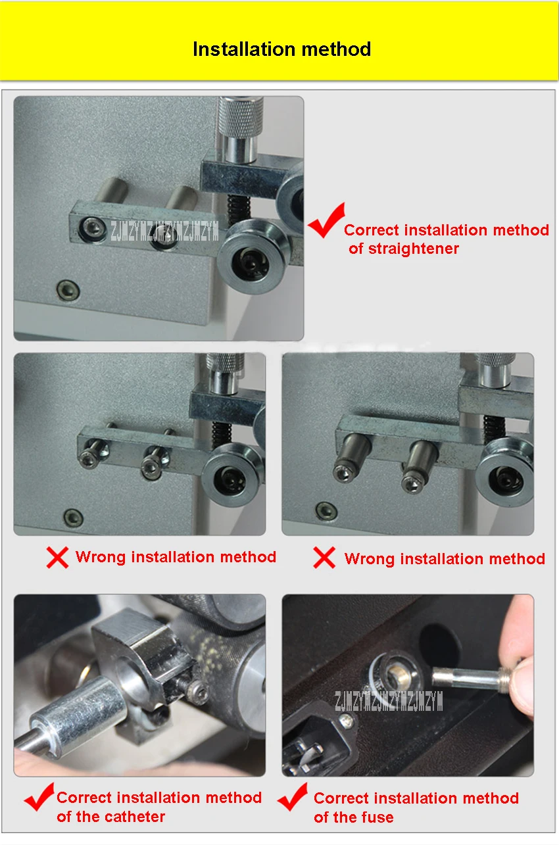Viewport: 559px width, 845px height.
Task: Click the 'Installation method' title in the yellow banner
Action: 281,49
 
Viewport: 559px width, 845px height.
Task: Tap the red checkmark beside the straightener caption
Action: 326,221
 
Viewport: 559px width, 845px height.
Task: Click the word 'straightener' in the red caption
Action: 414,249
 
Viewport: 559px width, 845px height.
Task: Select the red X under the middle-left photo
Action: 57,557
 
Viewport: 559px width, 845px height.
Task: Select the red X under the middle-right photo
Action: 324,558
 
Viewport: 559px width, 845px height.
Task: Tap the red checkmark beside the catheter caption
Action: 39,797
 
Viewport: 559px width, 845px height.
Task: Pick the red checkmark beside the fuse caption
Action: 293,797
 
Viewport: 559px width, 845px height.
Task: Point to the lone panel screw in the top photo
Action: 68,291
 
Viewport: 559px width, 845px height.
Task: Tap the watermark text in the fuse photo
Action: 389,701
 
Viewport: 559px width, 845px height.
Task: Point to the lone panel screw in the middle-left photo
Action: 74,518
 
